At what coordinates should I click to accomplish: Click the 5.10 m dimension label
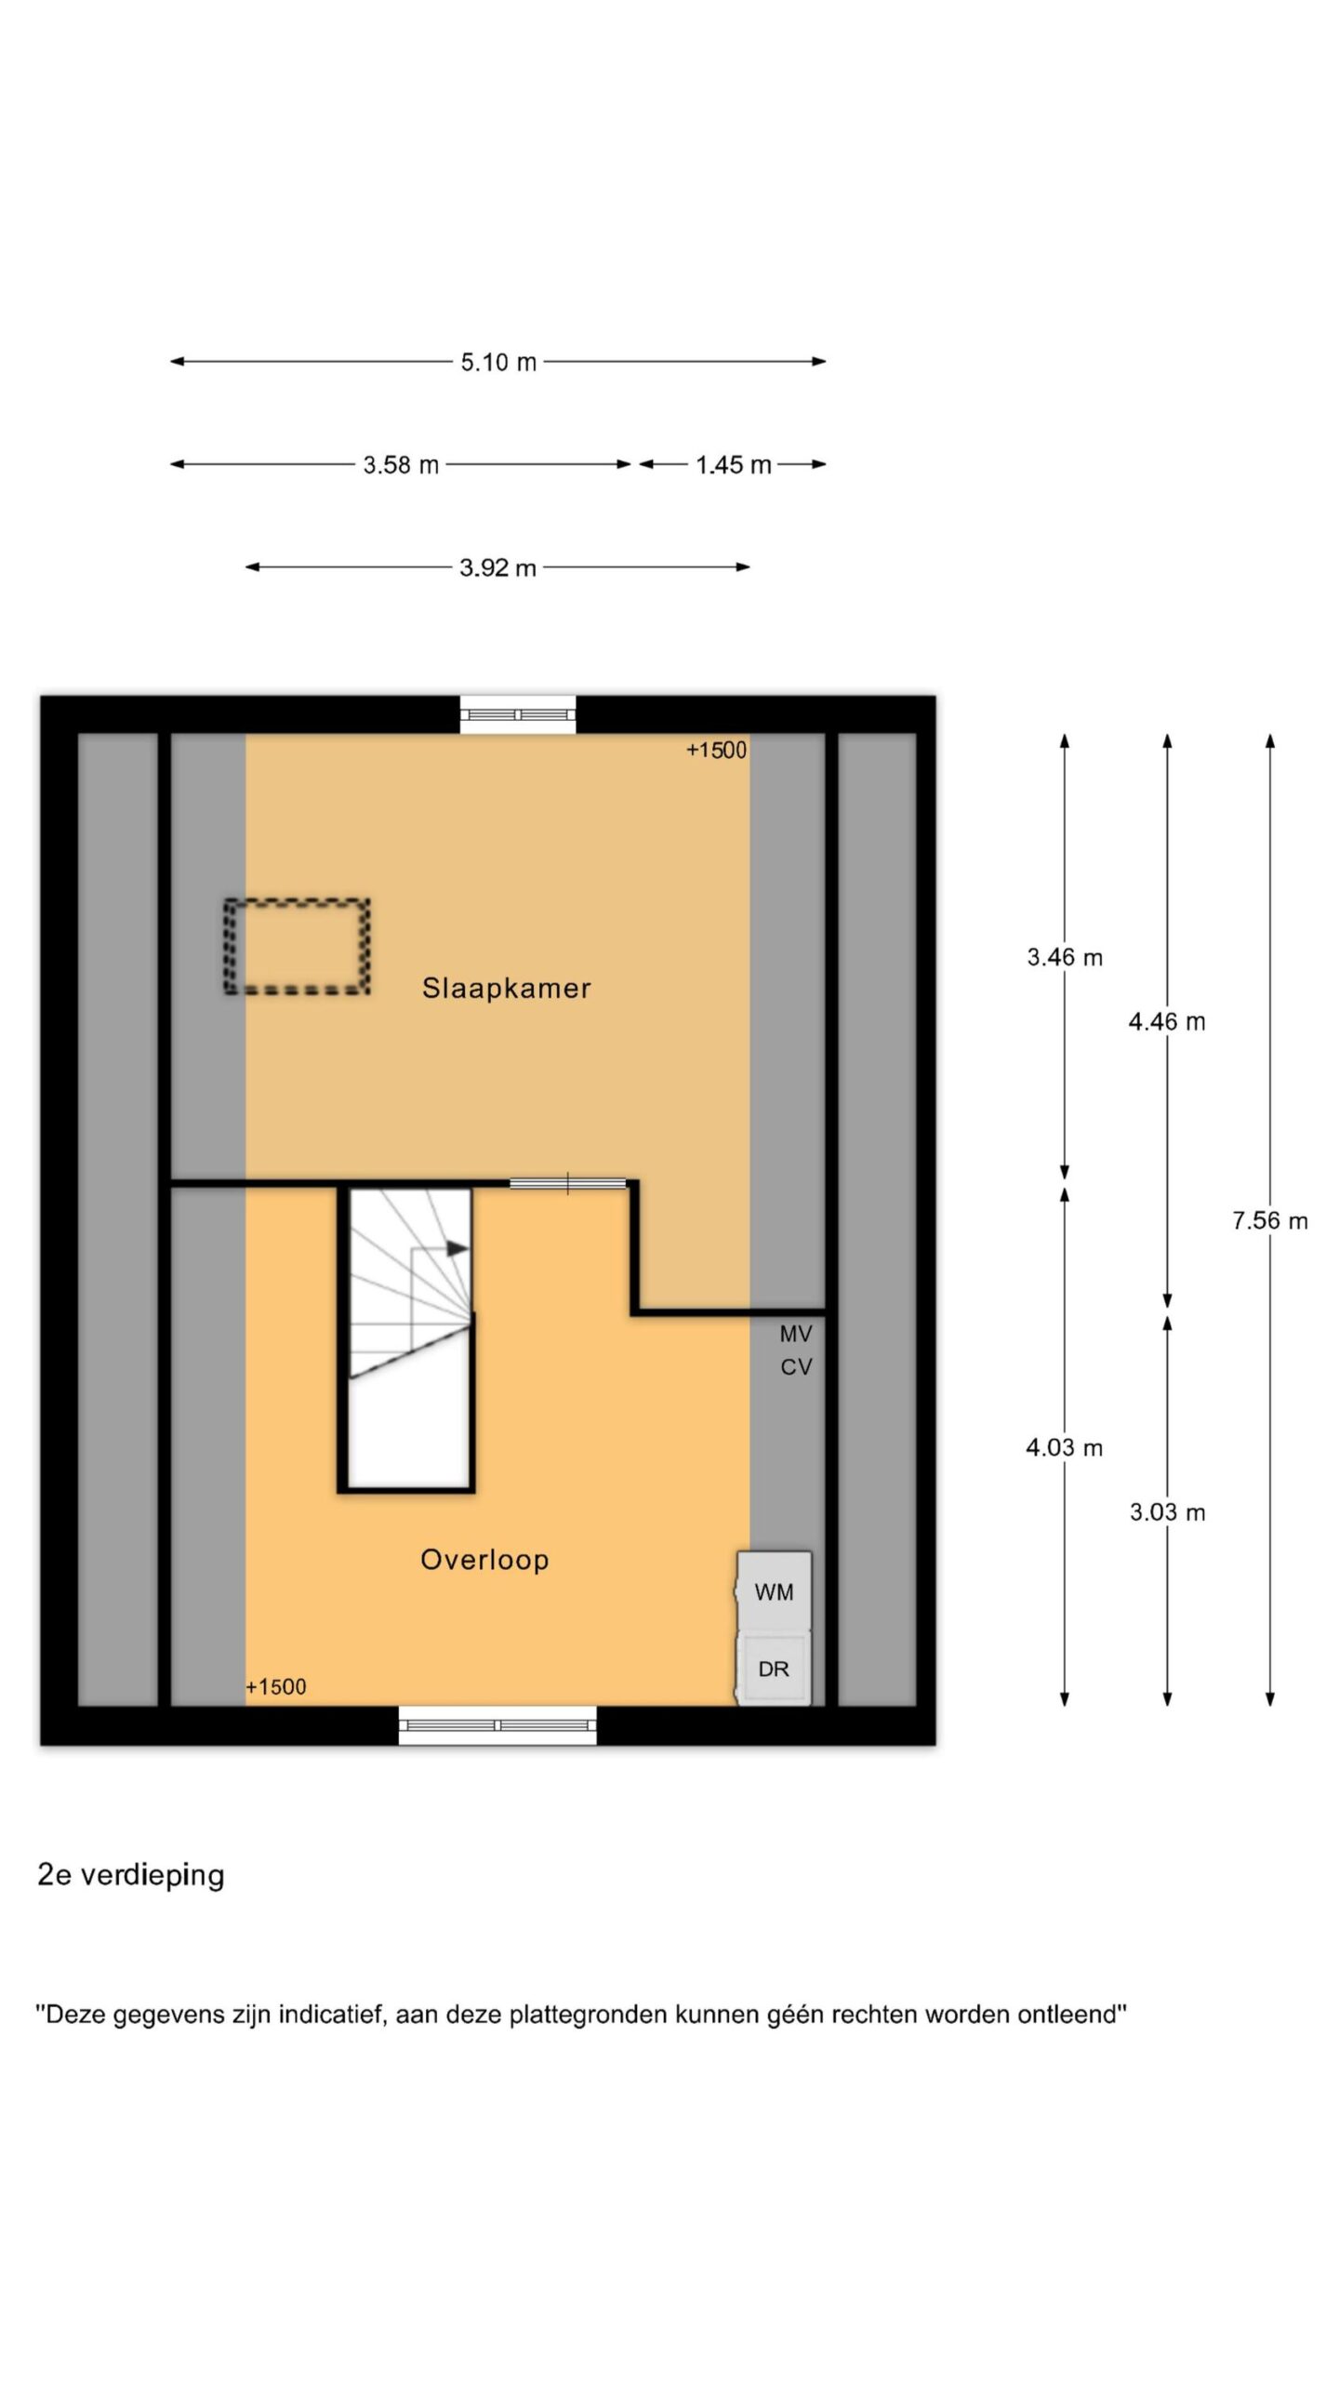click(498, 362)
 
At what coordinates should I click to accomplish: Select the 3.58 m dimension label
click(401, 464)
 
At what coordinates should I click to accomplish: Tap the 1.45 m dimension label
click(734, 464)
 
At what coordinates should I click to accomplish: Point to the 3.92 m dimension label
click(497, 567)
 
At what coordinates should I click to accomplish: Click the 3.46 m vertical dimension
click(1065, 957)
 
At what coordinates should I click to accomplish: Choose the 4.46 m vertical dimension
click(1167, 1022)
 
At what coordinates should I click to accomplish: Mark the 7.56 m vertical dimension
click(1270, 1220)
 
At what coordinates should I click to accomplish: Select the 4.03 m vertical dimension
click(1065, 1447)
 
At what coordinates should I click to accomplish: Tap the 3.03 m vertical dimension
click(1167, 1512)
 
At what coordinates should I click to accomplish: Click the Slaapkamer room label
click(506, 988)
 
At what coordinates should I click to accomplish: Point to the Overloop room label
click(484, 1559)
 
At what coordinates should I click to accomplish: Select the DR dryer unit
click(775, 1669)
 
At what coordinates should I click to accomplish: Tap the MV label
click(796, 1334)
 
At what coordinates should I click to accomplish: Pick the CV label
click(796, 1366)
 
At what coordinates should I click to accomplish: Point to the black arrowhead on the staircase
click(457, 1248)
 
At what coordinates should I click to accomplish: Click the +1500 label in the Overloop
click(275, 1686)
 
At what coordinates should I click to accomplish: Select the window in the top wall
click(518, 714)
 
